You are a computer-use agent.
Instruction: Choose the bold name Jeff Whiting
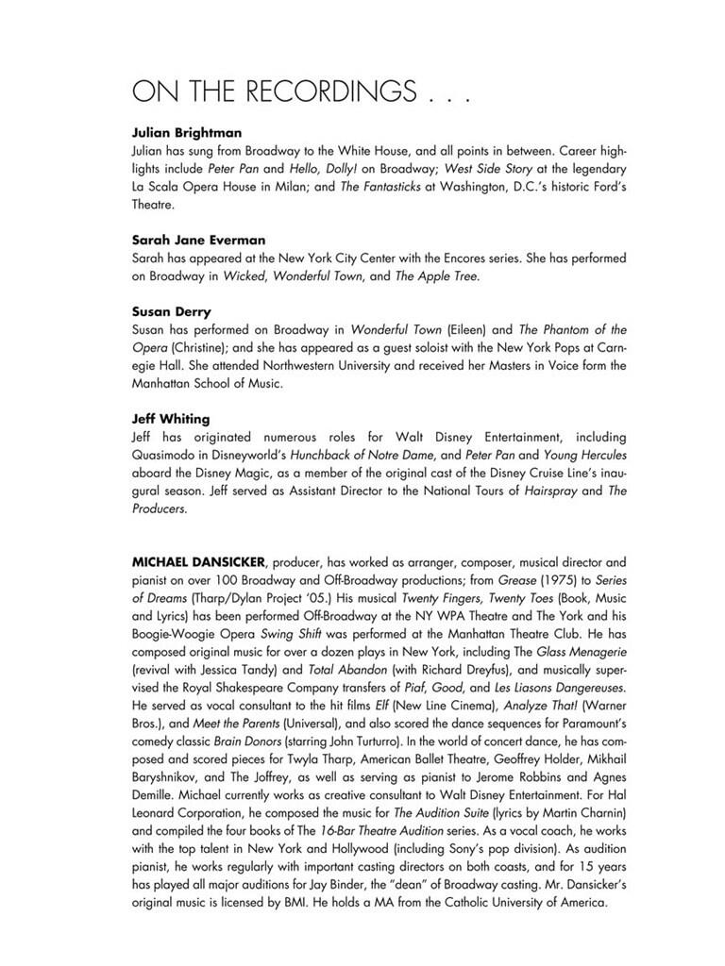[172, 419]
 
